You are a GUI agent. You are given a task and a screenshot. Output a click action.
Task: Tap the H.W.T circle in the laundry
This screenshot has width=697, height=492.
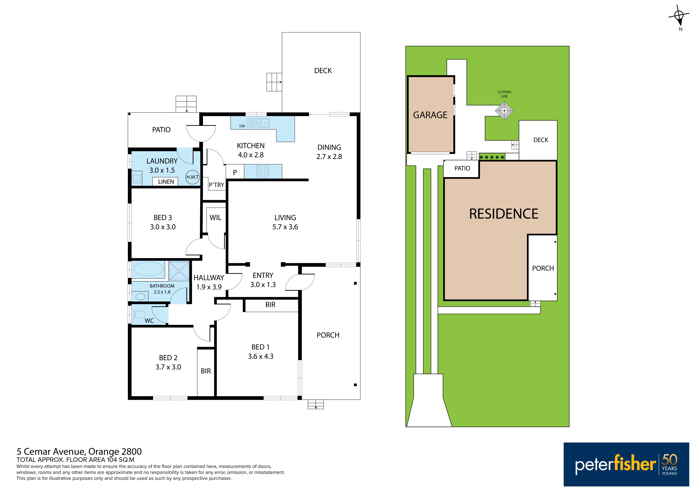pos(192,177)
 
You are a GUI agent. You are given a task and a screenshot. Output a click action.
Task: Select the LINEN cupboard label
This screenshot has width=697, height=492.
pos(166,182)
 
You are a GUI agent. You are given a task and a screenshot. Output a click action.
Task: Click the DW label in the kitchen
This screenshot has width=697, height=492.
pos(242,126)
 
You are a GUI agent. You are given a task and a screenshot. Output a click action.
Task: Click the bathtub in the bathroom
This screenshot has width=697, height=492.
pos(148,269)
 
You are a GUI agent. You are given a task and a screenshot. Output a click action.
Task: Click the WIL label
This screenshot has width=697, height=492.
pos(216,218)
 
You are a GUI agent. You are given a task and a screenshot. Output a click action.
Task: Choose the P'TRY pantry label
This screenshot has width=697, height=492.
pos(216,185)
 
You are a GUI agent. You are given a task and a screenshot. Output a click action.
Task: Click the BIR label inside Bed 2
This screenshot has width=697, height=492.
pos(206,371)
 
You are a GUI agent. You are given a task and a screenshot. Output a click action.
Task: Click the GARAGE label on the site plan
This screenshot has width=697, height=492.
pos(430,115)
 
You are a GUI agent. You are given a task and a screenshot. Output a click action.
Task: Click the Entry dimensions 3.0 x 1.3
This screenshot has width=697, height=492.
pos(263,285)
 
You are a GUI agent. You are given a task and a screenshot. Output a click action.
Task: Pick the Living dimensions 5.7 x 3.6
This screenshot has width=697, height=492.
pos(285,227)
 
